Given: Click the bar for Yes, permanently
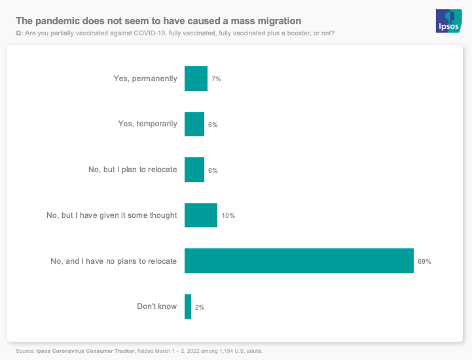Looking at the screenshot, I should pos(196,79).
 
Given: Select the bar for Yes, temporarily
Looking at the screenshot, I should pos(194,124).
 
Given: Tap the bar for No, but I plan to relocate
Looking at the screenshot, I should pos(194,170).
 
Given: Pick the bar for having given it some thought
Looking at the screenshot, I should pos(201,215).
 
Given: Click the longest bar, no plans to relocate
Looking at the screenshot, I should pos(299,261).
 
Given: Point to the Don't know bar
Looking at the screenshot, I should pos(188,306).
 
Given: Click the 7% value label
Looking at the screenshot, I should pos(216,79).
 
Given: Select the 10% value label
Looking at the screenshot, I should pos(228,216).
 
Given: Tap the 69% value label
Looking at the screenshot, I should pos(424,261).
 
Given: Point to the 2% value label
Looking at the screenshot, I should pos(200,307).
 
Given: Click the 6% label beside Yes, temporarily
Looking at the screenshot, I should pos(213,125).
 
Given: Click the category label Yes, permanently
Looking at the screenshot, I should pos(145,79).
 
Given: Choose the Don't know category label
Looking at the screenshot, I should pos(156,306).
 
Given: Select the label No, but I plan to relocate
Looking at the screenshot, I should pos(132,170).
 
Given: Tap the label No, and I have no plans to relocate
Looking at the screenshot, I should pos(113,261).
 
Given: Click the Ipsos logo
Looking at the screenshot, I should pos(449,21).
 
